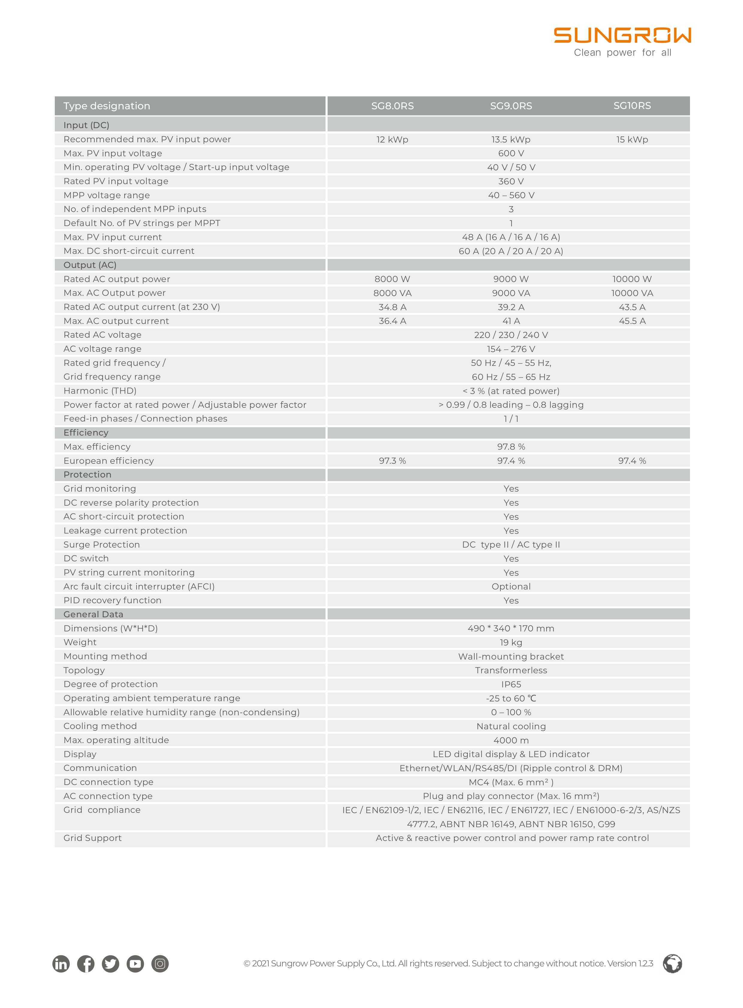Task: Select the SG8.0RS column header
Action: (392, 106)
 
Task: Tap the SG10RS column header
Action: (632, 106)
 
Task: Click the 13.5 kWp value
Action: (511, 140)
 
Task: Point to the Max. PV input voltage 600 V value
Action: (511, 153)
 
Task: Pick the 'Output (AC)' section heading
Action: (90, 265)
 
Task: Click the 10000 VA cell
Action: (632, 293)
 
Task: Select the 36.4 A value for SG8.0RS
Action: (392, 321)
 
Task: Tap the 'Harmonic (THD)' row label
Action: (100, 391)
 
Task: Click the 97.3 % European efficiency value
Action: (392, 461)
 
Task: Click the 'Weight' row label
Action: (80, 642)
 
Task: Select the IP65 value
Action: (511, 684)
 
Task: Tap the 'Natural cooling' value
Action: (511, 726)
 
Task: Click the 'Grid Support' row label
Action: (93, 838)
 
